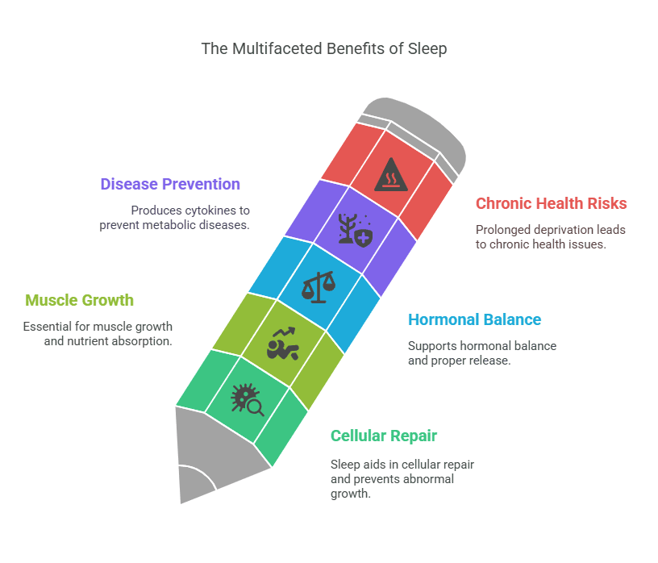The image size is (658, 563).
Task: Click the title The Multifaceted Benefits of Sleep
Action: pyautogui.click(x=324, y=48)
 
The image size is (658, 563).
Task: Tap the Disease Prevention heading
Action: pyautogui.click(x=170, y=184)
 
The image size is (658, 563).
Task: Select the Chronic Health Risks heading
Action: pyautogui.click(x=551, y=203)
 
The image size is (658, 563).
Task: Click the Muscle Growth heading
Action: pyautogui.click(x=79, y=300)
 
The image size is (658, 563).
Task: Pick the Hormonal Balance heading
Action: pyautogui.click(x=475, y=319)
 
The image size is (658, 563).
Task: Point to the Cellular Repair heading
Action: pyautogui.click(x=384, y=436)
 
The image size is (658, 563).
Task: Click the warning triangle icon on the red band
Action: pyautogui.click(x=390, y=175)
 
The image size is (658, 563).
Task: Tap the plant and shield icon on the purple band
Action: pyautogui.click(x=356, y=230)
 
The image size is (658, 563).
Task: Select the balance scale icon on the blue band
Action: pyautogui.click(x=319, y=287)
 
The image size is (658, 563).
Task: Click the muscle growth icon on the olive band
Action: pyautogui.click(x=283, y=344)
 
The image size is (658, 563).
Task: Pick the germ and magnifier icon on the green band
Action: pyautogui.click(x=248, y=400)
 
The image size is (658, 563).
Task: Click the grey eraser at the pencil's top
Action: pyautogui.click(x=414, y=135)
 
